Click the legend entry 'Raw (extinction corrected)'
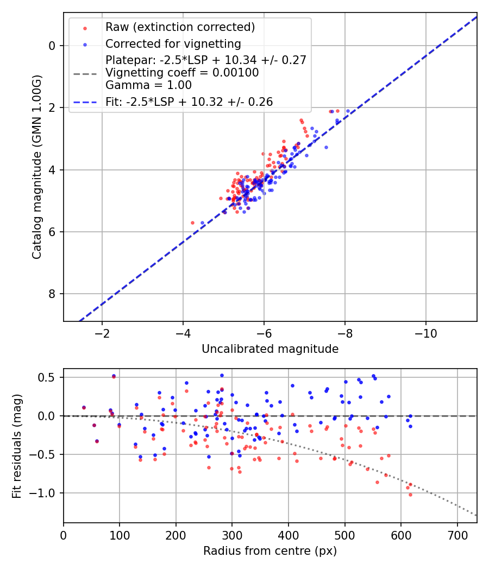click(x=180, y=27)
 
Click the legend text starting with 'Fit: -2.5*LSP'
click(x=189, y=102)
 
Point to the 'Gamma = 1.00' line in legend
click(x=148, y=85)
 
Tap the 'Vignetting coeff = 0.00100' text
click(x=182, y=73)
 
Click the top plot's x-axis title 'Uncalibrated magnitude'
click(x=270, y=349)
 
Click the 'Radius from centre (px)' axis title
click(x=270, y=551)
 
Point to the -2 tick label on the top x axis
click(x=102, y=332)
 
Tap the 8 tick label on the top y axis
click(x=53, y=294)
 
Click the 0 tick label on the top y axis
click(x=53, y=46)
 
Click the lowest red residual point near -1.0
click(x=410, y=495)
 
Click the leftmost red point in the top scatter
click(x=192, y=223)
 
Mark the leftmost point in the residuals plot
click(x=84, y=407)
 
